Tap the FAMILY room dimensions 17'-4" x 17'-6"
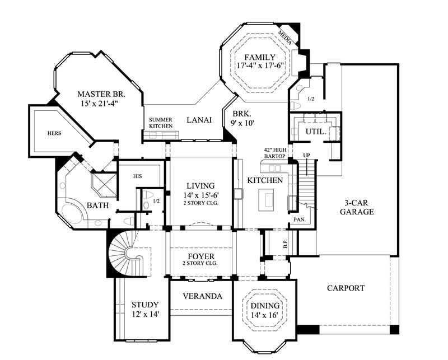pos(260,66)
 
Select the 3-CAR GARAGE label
pos(352,208)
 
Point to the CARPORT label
pos(346,288)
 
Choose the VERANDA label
pos(203,296)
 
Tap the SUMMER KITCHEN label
pos(161,123)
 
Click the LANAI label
pos(199,120)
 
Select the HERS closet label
pos(54,133)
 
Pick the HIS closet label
pos(138,176)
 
